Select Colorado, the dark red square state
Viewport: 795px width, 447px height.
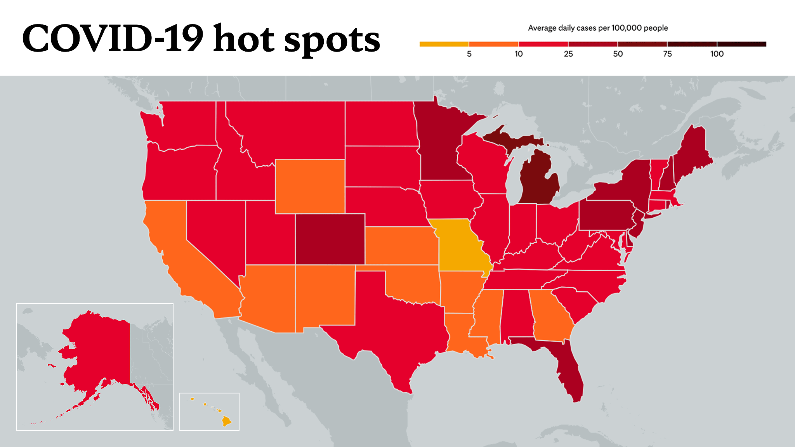click(330, 239)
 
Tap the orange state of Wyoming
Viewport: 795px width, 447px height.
click(310, 186)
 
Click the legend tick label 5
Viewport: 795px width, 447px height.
click(469, 54)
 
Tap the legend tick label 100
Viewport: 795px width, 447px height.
click(717, 54)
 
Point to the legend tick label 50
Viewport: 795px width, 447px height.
click(618, 54)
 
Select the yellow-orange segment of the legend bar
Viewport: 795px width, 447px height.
click(444, 44)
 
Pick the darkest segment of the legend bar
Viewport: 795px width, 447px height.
click(742, 44)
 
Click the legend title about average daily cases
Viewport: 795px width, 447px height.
click(598, 28)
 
